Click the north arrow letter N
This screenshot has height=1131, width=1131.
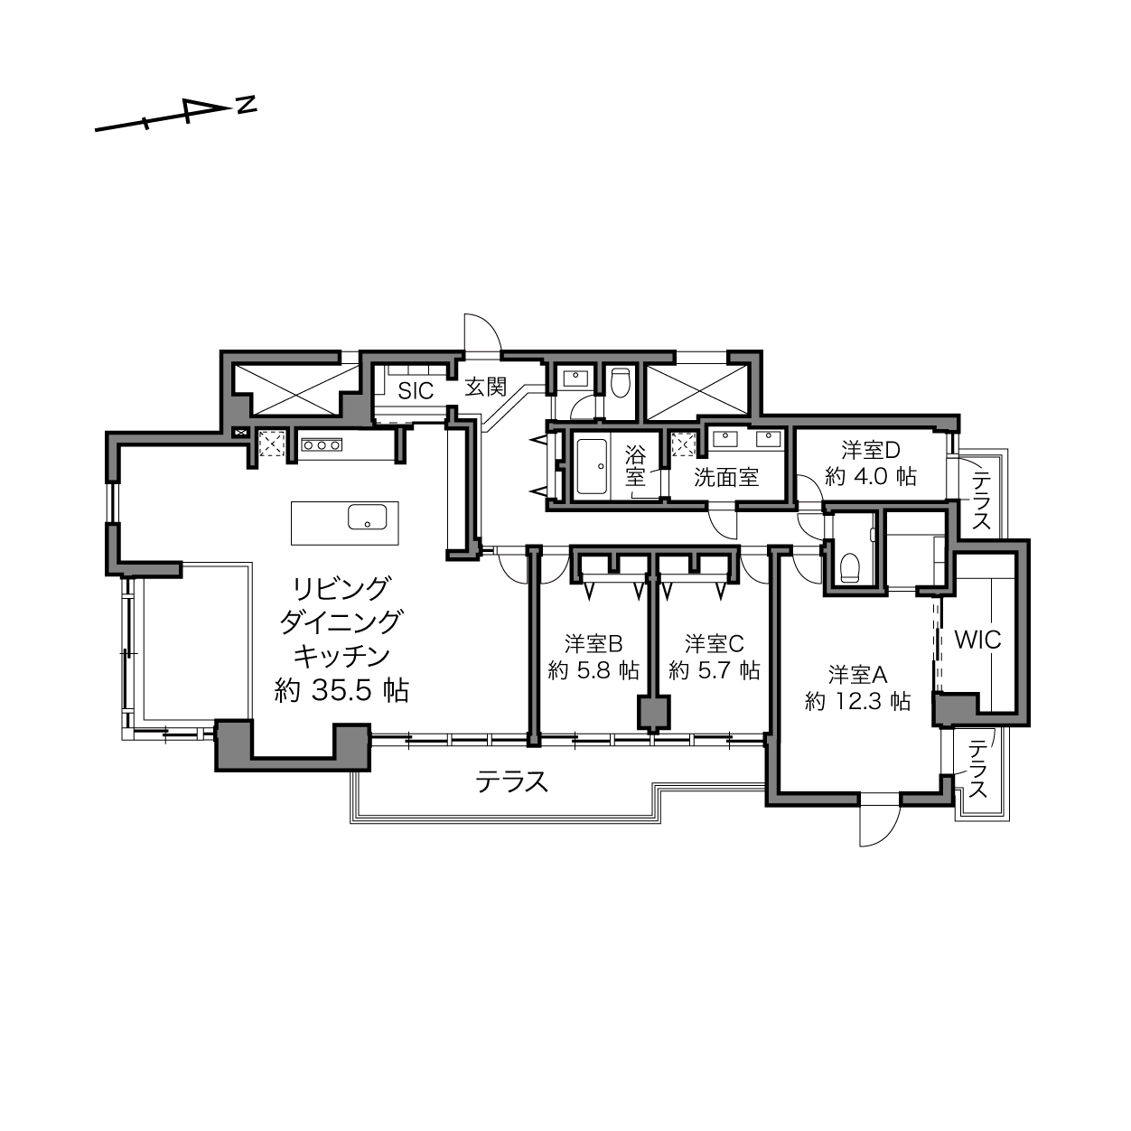point(247,105)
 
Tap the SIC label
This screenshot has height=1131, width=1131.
point(416,391)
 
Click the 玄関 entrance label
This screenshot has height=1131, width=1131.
point(486,387)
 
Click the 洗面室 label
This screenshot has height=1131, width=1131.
point(726,477)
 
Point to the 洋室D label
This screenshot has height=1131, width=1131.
point(871,450)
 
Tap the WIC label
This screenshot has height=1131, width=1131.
point(977,640)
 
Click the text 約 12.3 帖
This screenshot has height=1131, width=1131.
point(858,701)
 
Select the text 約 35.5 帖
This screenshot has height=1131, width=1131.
point(342,691)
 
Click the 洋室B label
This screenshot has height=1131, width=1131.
point(594,644)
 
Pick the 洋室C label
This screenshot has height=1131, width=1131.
point(715,644)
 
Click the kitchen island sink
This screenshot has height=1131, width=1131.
point(368,517)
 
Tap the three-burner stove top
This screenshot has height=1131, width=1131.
point(321,444)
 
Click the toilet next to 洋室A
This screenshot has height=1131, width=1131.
point(849,566)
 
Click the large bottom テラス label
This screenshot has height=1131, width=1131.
point(512,782)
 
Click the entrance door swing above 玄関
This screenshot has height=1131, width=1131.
point(482,332)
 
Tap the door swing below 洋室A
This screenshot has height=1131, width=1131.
point(879,825)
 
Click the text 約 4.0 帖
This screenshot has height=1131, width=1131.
point(871,476)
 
